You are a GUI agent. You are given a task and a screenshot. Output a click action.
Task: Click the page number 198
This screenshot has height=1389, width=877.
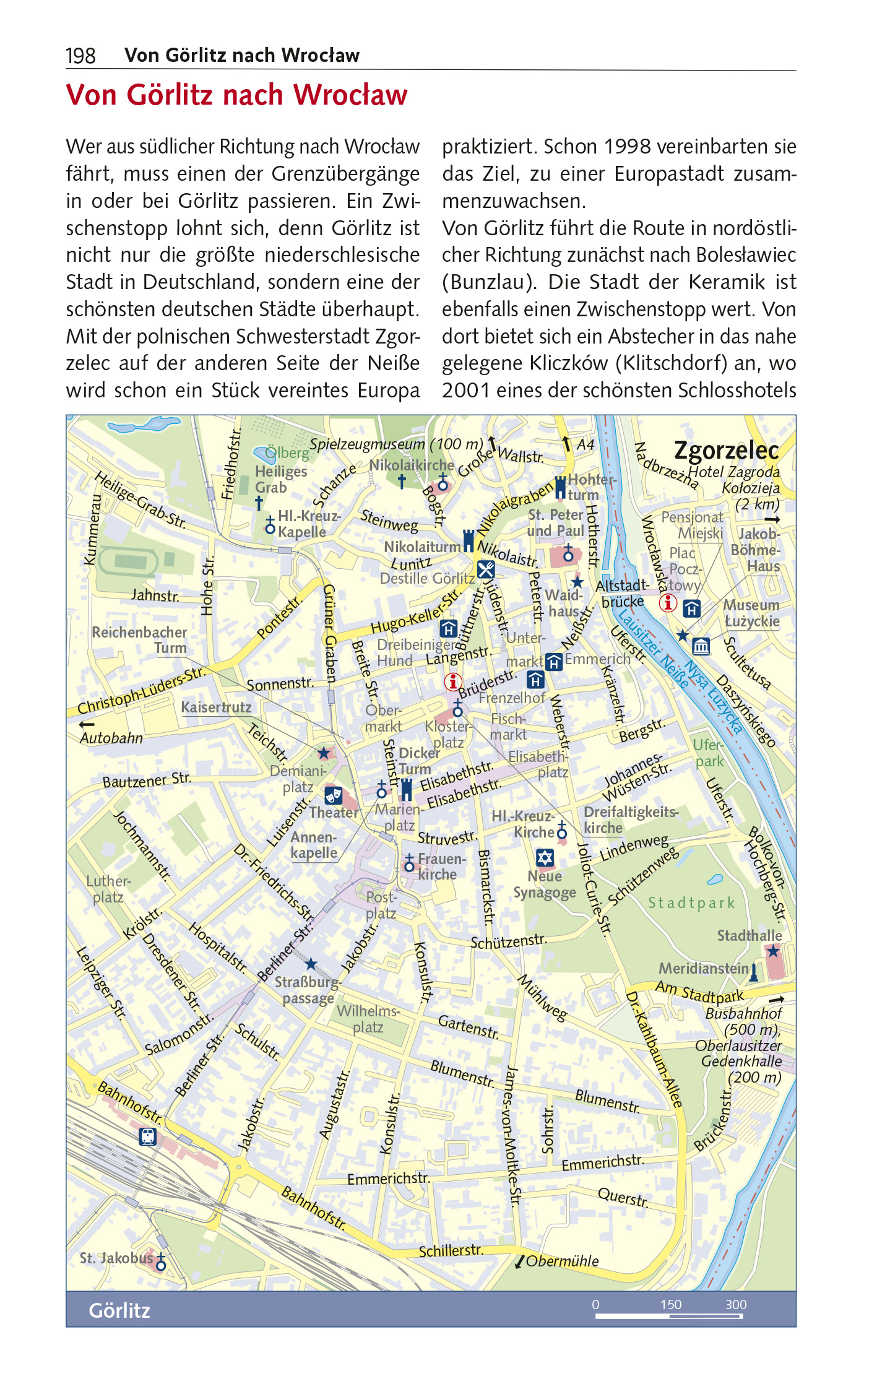(x=80, y=56)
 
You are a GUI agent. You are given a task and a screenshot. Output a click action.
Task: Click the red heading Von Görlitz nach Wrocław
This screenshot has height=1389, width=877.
(x=236, y=95)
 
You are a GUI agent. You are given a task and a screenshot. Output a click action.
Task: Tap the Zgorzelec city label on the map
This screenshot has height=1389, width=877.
(x=726, y=450)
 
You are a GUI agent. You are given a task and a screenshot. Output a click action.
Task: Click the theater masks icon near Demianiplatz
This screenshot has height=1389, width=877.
(x=333, y=795)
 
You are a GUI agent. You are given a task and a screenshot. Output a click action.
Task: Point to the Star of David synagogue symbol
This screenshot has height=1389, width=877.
(x=545, y=857)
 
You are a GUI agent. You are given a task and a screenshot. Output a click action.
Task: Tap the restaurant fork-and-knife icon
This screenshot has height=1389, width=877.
(x=486, y=568)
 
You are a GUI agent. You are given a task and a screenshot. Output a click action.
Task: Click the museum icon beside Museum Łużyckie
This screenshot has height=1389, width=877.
(x=701, y=646)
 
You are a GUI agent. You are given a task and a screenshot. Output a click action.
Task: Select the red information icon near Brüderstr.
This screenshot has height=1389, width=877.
(x=453, y=682)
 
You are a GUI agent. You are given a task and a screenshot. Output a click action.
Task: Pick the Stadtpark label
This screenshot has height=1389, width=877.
(x=691, y=903)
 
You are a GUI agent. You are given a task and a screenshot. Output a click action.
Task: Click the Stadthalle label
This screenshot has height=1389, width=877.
(x=749, y=935)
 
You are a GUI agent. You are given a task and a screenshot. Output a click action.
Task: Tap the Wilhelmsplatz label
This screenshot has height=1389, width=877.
(x=368, y=1019)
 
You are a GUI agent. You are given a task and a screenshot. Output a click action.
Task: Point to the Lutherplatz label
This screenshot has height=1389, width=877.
(x=108, y=889)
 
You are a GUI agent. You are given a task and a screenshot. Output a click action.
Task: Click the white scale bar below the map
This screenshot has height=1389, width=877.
(x=668, y=1317)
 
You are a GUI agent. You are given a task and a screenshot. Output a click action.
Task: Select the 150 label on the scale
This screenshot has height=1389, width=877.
(x=670, y=1304)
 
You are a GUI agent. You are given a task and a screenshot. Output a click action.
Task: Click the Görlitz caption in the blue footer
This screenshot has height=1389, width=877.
(x=119, y=1310)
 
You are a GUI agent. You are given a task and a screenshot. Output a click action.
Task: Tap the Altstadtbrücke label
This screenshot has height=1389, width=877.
(x=622, y=593)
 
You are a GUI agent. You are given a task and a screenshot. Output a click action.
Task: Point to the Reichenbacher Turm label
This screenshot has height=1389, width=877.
(x=139, y=640)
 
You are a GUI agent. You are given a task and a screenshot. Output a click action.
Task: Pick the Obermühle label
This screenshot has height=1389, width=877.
(x=562, y=1261)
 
